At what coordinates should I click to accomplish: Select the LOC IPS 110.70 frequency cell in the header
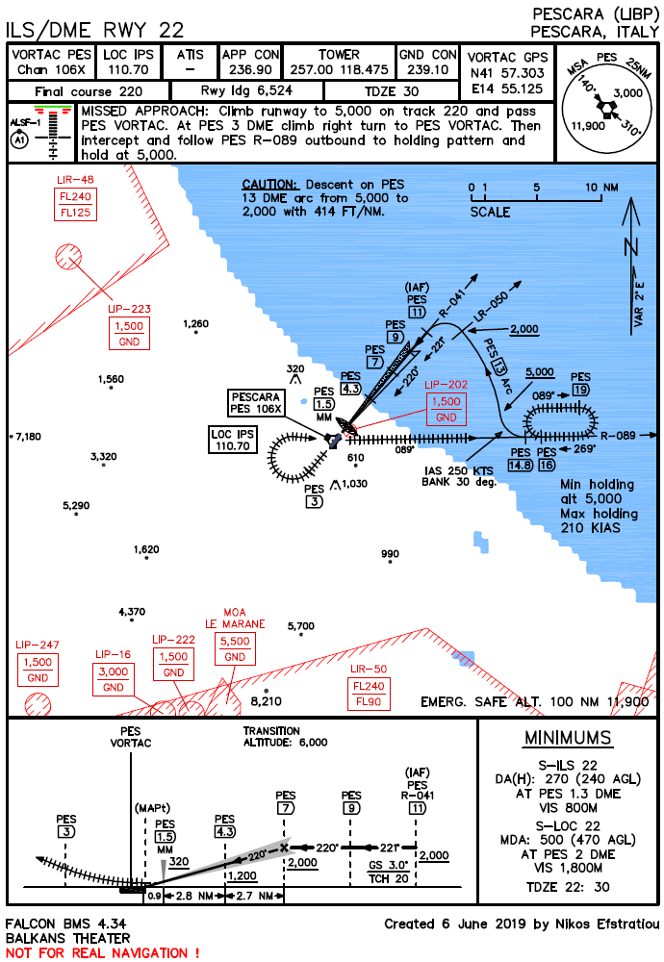pos(128,63)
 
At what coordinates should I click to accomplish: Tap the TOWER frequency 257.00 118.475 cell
pos(339,63)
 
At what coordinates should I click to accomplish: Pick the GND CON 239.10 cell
pos(427,63)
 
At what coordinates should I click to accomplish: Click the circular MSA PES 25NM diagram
pos(607,106)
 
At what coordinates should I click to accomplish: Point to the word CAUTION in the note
pos(272,184)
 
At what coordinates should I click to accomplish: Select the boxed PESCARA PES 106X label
pos(256,403)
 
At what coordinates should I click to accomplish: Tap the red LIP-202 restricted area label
pos(446,383)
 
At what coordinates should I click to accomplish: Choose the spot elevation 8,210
pos(266,702)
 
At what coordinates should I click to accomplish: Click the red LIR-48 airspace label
pos(74,180)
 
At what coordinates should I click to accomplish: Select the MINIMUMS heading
pos(567,738)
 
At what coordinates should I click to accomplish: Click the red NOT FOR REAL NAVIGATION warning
pos(103,952)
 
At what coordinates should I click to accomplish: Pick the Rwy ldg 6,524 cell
pos(246,90)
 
